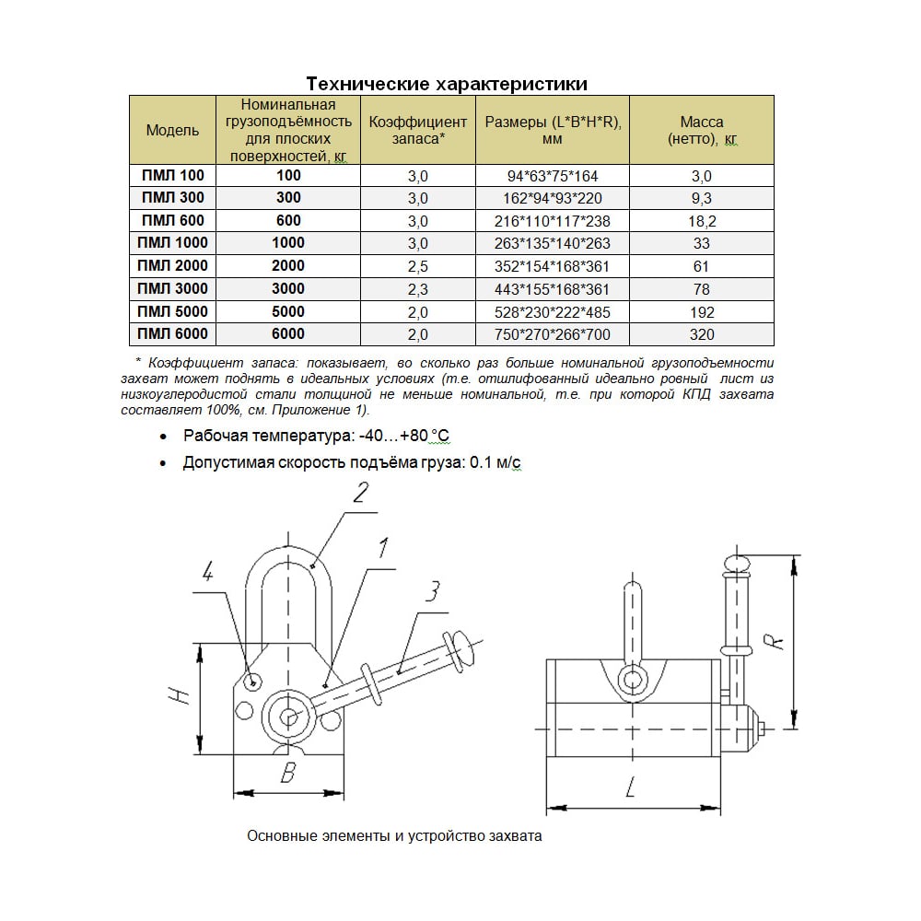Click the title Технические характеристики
pyautogui.click(x=447, y=85)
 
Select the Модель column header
pyautogui.click(x=172, y=131)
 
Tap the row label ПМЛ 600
pyautogui.click(x=172, y=221)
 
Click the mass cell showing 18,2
pyautogui.click(x=702, y=221)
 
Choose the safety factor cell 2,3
pyautogui.click(x=418, y=289)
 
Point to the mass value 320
pyautogui.click(x=702, y=335)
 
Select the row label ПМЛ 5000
pyautogui.click(x=172, y=312)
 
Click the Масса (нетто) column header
pyautogui.click(x=702, y=131)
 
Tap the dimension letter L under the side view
pyautogui.click(x=631, y=787)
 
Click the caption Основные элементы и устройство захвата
pyautogui.click(x=395, y=837)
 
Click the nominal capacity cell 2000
pyautogui.click(x=288, y=266)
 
